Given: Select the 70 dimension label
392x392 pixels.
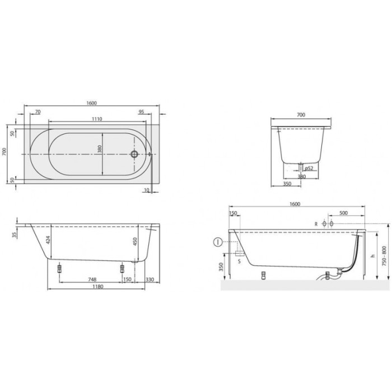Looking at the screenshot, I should [38, 112].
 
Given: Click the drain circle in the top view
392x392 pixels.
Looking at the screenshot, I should [134, 153].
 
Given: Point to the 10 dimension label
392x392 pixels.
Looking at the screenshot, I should [146, 190].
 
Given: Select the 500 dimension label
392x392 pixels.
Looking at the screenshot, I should [344, 213].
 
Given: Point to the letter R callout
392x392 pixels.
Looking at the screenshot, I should [316, 224].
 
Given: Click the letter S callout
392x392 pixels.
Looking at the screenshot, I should [240, 261].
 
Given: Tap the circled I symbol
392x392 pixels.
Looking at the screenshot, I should [217, 242].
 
